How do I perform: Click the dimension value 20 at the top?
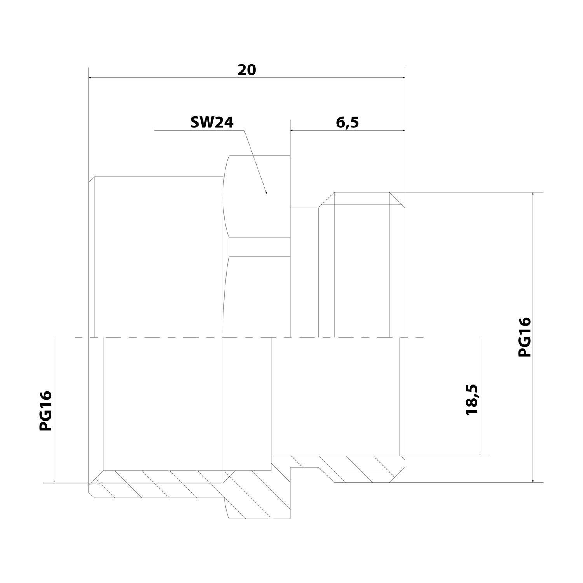[x=247, y=70]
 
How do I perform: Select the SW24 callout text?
[x=212, y=123]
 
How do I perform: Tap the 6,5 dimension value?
[x=347, y=122]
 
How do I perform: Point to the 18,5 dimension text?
[x=472, y=400]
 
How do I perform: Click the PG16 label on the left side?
[x=45, y=411]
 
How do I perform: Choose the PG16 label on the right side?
[x=524, y=337]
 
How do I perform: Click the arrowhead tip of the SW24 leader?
[x=266, y=193]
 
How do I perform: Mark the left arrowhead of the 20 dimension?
[x=91, y=77]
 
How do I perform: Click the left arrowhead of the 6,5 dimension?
[x=293, y=131]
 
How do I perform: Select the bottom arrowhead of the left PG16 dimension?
[x=54, y=481]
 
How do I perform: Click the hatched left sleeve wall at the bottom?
[x=155, y=484]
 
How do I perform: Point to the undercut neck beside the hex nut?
[x=305, y=272]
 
